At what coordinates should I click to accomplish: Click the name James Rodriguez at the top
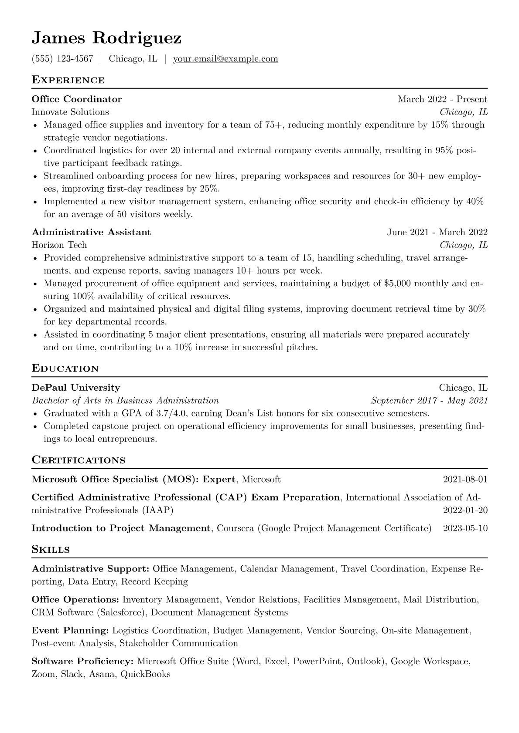coord(106,38)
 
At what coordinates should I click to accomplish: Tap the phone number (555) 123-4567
coord(62,59)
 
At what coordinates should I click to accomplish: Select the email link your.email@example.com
coord(225,59)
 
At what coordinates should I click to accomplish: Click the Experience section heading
coord(68,80)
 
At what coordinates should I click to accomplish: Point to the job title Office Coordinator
coord(77,99)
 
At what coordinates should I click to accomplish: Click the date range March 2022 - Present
coord(442,99)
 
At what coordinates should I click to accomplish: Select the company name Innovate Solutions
coord(70,112)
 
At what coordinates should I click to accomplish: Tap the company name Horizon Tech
coord(59,245)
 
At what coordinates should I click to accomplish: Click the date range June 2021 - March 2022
coord(437,232)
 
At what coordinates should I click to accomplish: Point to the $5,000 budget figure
coord(398,284)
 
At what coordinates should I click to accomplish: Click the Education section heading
coord(65,368)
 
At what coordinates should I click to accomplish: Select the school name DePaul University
coord(76,388)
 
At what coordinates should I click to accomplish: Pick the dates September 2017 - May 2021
coord(429,401)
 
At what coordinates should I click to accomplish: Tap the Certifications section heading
coord(79,460)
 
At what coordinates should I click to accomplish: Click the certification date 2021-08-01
coord(465,480)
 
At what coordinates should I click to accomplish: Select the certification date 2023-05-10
coord(465,528)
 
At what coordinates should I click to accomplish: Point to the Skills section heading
coord(51,550)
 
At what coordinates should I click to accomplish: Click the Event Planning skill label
coord(70,631)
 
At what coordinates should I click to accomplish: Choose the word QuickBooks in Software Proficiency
coord(145,674)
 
